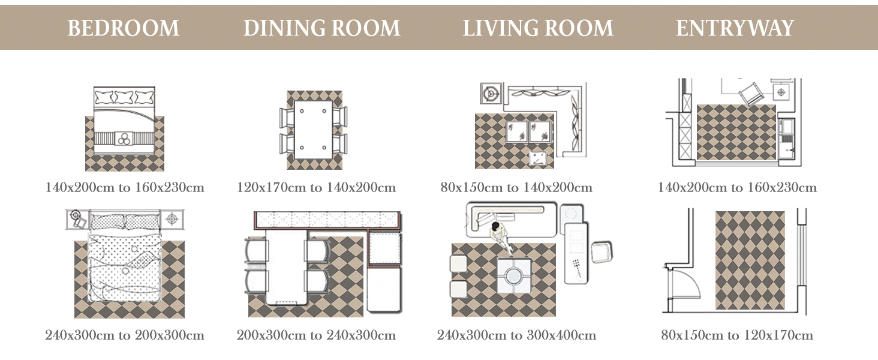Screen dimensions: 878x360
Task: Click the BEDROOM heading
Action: point(123,28)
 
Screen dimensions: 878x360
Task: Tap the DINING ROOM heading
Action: point(322,28)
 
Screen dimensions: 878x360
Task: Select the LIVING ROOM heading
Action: point(538,28)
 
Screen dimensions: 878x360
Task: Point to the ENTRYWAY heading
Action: point(735,28)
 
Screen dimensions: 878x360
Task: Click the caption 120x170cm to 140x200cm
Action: point(316,187)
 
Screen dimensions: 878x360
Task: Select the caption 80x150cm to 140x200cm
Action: point(516,187)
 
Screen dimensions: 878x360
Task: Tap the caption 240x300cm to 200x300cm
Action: point(125,335)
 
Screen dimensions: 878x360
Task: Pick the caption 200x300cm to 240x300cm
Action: point(316,335)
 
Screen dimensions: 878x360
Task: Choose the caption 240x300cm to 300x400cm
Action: point(516,335)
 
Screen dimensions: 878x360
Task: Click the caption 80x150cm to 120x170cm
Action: point(737,335)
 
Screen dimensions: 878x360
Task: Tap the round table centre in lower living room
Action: point(513,276)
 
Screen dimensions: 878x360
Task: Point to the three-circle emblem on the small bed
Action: point(124,139)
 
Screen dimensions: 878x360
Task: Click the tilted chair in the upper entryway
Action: point(751,94)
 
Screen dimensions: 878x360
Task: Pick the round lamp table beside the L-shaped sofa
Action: point(491,94)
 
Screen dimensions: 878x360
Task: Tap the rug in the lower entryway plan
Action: point(750,260)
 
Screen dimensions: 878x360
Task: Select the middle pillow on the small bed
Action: point(124,97)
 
